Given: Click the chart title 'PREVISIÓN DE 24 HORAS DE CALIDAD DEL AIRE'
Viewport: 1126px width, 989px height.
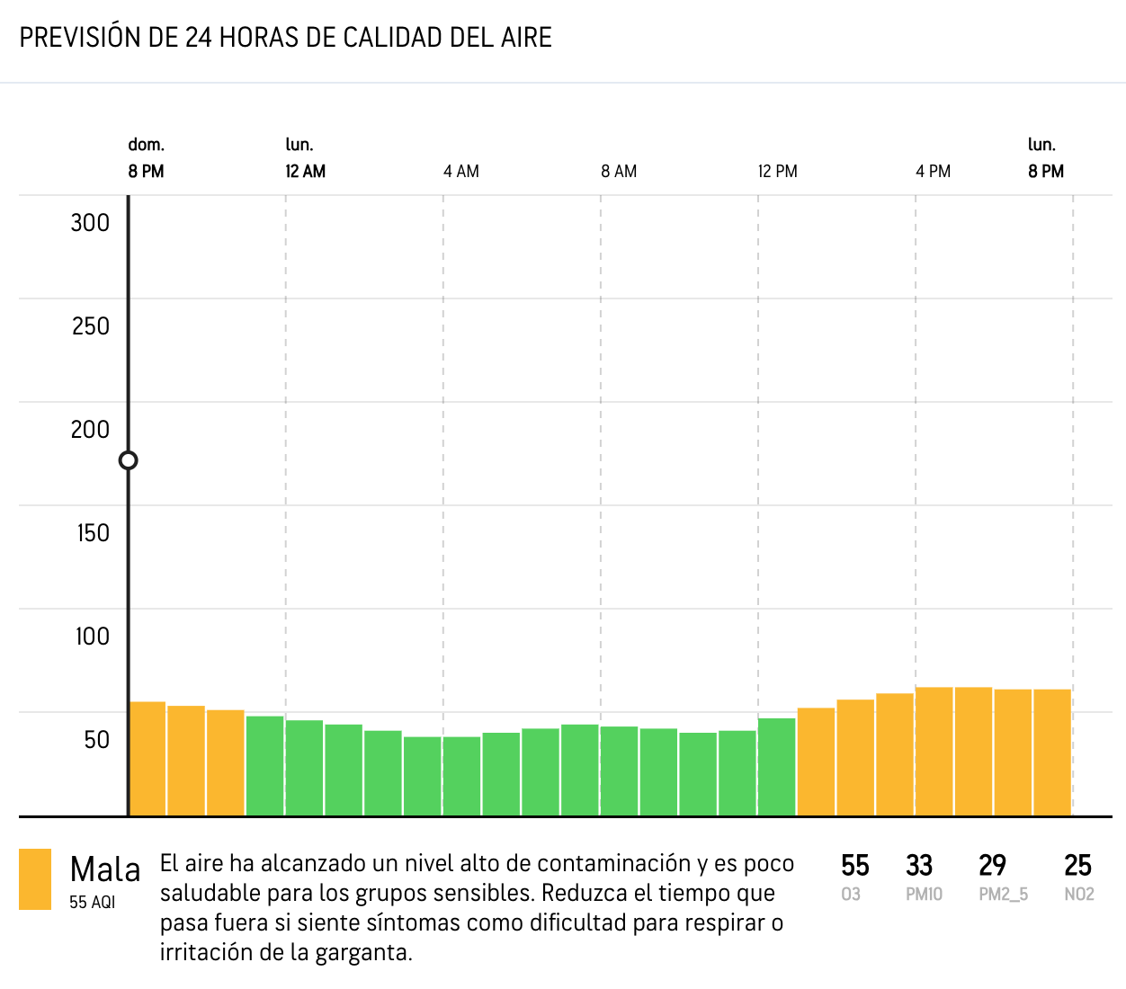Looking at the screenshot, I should pyautogui.click(x=285, y=38).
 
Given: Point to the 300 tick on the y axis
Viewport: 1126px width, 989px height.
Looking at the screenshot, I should pyautogui.click(x=90, y=223).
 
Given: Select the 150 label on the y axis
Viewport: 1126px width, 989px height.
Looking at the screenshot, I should pyautogui.click(x=93, y=533).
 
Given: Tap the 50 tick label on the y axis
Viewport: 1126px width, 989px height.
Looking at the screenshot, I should pyautogui.click(x=96, y=740).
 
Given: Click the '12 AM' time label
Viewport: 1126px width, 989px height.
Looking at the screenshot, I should pyautogui.click(x=305, y=172).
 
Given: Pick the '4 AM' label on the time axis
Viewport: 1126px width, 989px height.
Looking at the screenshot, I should pyautogui.click(x=460, y=172).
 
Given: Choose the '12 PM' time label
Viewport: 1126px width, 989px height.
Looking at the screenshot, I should pyautogui.click(x=777, y=172).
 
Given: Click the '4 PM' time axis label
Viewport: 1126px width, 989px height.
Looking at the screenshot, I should pyautogui.click(x=933, y=172).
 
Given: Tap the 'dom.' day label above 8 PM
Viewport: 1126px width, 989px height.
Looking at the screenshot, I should pyautogui.click(x=146, y=145).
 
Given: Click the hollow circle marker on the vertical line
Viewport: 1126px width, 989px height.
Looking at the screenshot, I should pyautogui.click(x=129, y=460).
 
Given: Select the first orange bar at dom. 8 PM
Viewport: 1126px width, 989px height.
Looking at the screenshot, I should pyautogui.click(x=147, y=759).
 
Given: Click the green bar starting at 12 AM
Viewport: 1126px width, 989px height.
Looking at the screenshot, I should pyautogui.click(x=304, y=768).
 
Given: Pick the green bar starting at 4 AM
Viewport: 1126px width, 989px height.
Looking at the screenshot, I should pyautogui.click(x=462, y=776).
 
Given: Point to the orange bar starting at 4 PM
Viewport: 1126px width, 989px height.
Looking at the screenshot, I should pyautogui.click(x=934, y=752).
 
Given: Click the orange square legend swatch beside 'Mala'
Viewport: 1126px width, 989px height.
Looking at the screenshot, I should pyautogui.click(x=35, y=879).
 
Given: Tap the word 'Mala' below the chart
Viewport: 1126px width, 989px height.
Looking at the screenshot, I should pyautogui.click(x=105, y=869).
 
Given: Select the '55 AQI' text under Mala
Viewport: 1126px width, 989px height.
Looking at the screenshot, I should pyautogui.click(x=93, y=902).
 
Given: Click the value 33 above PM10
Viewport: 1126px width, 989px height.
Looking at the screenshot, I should pyautogui.click(x=918, y=866).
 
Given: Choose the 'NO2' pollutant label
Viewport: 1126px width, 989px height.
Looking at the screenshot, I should pyautogui.click(x=1078, y=895).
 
